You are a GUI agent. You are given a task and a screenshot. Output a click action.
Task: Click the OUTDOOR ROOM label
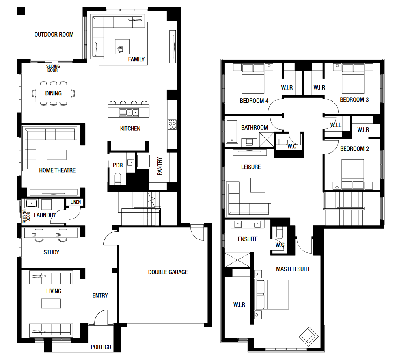coord(54,35)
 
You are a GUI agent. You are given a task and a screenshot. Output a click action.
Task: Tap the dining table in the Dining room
coord(54,93)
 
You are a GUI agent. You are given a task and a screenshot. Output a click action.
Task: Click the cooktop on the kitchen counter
coord(172,124)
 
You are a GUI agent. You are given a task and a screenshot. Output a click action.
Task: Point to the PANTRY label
coord(159,166)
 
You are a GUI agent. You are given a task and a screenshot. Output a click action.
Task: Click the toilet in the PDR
coord(118,178)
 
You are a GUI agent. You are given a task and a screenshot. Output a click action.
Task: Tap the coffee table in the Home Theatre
coord(56,155)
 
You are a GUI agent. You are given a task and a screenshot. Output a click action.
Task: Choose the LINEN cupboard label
coord(76,202)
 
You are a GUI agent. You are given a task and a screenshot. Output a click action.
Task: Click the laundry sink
coord(31,203)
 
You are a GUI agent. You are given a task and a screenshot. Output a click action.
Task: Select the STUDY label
coord(52,252)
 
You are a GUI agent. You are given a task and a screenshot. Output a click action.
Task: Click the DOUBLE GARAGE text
coord(168,272)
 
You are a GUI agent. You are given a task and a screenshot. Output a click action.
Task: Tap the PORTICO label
coord(101,347)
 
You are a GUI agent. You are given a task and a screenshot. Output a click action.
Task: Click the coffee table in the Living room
coord(51,304)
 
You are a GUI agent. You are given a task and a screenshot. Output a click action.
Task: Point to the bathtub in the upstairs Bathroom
coord(232,131)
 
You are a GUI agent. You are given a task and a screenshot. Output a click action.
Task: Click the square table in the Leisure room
coord(258,185)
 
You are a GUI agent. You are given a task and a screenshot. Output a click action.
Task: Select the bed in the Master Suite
coord(273,294)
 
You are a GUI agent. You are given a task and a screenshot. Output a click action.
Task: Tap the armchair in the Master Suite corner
coord(309,336)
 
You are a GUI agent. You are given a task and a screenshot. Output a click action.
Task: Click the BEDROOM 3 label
coord(354,100)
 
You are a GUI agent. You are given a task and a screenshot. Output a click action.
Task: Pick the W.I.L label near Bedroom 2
coord(336,125)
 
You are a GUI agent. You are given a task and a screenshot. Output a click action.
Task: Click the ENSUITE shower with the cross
coord(237,260)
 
